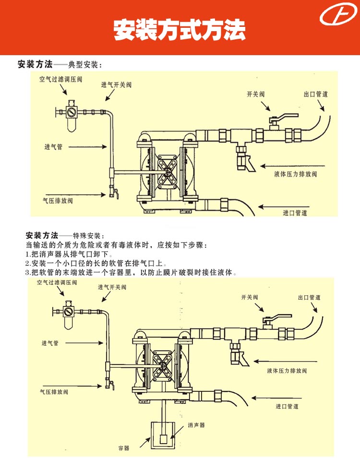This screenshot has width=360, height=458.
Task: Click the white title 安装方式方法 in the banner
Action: tap(180, 30)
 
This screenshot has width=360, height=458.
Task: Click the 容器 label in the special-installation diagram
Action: tap(124, 448)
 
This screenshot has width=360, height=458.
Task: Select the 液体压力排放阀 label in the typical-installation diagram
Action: tap(296, 174)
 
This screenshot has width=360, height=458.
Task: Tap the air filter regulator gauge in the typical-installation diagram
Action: tap(72, 113)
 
